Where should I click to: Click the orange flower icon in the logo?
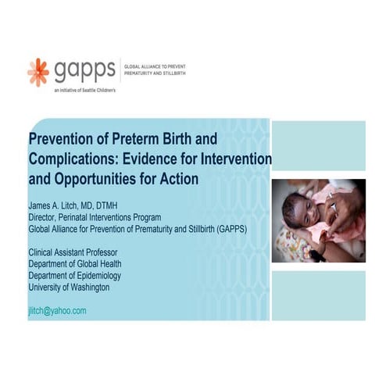[x=37, y=72]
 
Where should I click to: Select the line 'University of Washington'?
[x=69, y=287]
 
